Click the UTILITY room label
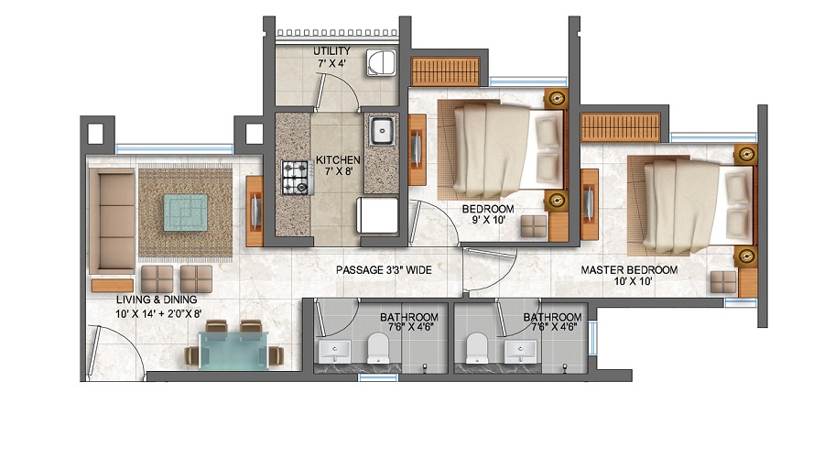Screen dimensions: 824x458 click(x=331, y=51)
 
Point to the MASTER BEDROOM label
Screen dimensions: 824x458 click(x=629, y=270)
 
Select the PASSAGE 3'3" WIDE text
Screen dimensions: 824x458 click(x=384, y=270)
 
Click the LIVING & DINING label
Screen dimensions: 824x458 click(x=157, y=300)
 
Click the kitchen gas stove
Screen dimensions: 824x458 click(x=297, y=178)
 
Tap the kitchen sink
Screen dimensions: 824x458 click(x=382, y=132)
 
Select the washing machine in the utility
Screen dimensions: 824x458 click(x=381, y=63)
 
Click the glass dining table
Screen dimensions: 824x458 click(x=233, y=350)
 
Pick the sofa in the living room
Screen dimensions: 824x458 click(x=112, y=221)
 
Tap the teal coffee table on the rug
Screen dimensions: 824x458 click(x=186, y=213)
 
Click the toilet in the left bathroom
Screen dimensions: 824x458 click(x=378, y=347)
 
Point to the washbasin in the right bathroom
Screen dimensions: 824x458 click(x=520, y=351)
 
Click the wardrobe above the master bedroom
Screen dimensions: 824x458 click(x=620, y=127)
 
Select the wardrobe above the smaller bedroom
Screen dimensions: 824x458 click(x=446, y=71)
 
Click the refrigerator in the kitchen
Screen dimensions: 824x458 click(x=377, y=215)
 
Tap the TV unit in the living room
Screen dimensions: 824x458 click(x=255, y=211)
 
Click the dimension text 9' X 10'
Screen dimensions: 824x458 click(x=488, y=221)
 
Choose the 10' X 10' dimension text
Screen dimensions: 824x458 click(x=633, y=281)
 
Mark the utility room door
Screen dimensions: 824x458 click(x=336, y=92)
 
